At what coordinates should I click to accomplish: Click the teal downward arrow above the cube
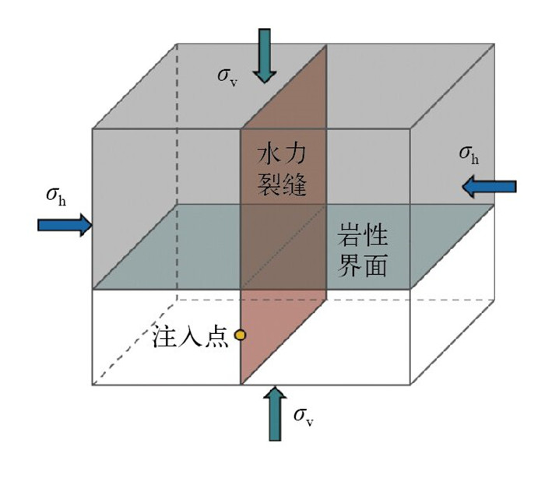point(265,54)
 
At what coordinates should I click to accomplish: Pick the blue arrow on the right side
point(488,186)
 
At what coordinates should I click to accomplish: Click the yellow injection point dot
point(240,335)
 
